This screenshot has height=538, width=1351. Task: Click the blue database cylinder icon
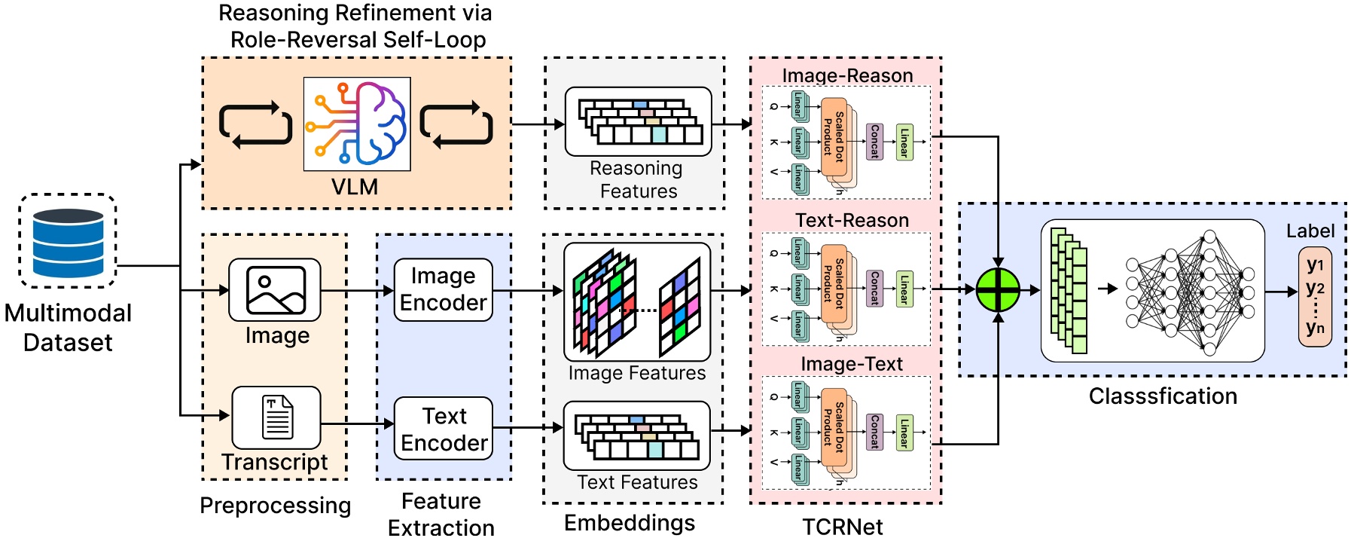tap(68, 242)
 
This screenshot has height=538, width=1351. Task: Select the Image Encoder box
tap(443, 289)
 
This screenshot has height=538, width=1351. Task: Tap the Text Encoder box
tap(444, 429)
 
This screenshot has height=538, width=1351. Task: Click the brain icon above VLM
tap(357, 124)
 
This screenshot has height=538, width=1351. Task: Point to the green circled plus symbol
tap(998, 289)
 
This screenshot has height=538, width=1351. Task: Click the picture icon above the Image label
tap(275, 289)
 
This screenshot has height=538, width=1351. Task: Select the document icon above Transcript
tap(276, 417)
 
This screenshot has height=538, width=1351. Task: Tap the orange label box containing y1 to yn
tap(1314, 296)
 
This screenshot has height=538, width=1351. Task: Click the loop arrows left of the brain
tap(255, 124)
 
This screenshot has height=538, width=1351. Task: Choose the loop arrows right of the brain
tap(456, 124)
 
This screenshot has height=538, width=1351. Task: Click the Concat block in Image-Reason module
tap(874, 142)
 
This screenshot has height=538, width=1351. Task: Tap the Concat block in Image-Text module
tap(874, 432)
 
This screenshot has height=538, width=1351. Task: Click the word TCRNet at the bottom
tap(842, 526)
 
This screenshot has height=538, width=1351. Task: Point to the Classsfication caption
tap(1162, 396)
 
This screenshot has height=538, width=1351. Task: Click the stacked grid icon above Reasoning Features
tap(639, 121)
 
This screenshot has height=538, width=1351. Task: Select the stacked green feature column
tap(1069, 291)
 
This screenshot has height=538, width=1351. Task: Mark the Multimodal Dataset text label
tap(68, 327)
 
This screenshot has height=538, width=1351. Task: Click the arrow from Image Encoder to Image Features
tap(527, 290)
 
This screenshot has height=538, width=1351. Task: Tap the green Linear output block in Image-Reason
tap(904, 142)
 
